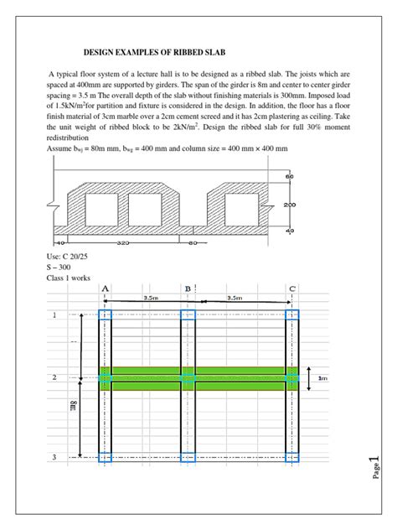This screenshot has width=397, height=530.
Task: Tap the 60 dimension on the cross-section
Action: pos(290,177)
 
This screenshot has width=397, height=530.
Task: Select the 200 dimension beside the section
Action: pos(291,204)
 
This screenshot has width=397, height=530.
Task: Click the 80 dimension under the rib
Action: pos(193,244)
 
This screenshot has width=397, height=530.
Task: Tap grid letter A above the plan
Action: pos(105,288)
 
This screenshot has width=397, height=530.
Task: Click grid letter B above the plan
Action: pos(188,288)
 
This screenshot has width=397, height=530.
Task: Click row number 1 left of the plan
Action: pos(54,315)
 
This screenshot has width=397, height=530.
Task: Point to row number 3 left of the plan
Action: pos(54,457)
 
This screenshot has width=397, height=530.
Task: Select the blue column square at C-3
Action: pos(291,457)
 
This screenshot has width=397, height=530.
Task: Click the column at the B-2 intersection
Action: pos(188,378)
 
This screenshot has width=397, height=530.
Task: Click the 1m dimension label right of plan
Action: pos(322,378)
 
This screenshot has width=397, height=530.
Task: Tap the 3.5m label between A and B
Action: pos(151,297)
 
